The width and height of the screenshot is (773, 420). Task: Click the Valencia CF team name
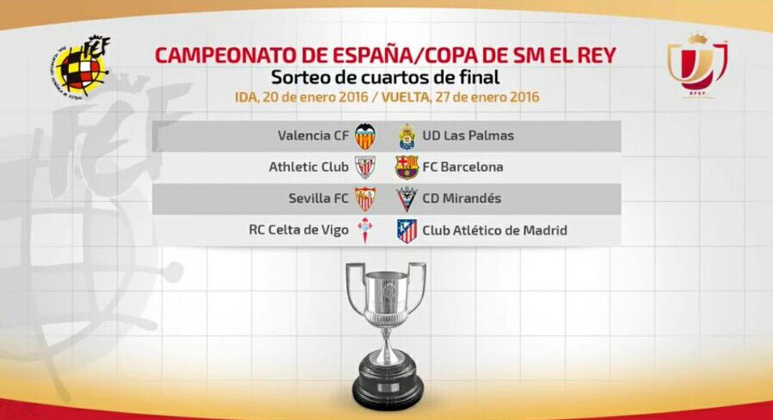coord(313,136)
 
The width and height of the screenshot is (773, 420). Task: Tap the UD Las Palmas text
coord(468,136)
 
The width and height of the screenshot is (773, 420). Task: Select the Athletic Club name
coord(309,167)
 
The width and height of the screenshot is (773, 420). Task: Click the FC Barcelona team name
coord(463,167)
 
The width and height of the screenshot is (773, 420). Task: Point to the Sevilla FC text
coord(318,198)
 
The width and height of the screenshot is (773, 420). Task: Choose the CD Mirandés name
coord(462,198)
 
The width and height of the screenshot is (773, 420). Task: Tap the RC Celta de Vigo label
coord(298,230)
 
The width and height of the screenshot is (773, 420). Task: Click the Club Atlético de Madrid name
coord(494,230)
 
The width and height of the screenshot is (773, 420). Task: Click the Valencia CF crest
coord(365,136)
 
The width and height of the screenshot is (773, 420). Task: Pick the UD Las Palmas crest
coord(408,137)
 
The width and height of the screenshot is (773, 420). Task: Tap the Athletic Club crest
coord(365,167)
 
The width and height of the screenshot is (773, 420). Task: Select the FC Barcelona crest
coord(407,167)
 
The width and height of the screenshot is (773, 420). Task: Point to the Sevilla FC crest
coord(365,199)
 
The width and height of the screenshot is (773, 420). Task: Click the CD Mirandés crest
coord(407,199)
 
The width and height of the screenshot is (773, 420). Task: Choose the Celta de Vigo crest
coord(365,230)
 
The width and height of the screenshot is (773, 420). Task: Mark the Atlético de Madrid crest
coord(408,231)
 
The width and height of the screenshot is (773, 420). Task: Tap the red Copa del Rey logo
coord(697,65)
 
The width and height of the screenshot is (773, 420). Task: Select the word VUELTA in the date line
coord(404,97)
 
